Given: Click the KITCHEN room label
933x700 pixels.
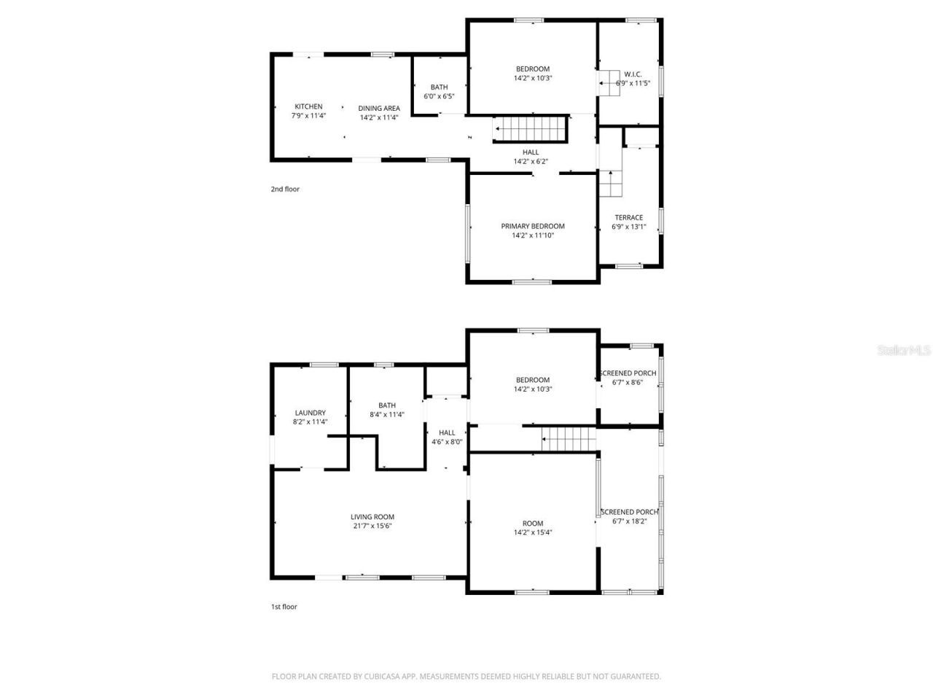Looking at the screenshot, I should point(308,106).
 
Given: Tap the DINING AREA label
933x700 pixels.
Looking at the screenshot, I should point(379,108).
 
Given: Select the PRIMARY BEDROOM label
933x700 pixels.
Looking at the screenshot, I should point(532,226).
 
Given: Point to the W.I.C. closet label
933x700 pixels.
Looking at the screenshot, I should point(633,74).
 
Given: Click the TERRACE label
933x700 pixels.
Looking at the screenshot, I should point(628,217).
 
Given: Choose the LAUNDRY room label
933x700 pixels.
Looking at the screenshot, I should point(310,413).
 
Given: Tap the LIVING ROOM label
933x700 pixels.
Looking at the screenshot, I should point(372,517).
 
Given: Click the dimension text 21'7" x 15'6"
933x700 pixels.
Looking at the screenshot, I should point(372,526).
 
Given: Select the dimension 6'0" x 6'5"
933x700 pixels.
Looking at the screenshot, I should point(439,96).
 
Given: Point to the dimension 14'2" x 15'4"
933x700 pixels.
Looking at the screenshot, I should point(532,532).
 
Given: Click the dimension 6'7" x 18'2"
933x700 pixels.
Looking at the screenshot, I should point(628,521).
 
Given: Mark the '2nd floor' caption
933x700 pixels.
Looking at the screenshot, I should point(285,189).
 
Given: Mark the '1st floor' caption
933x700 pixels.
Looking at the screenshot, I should point(284,607).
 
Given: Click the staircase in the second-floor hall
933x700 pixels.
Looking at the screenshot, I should point(531,130).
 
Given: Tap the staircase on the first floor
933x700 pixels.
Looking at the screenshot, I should point(569,439).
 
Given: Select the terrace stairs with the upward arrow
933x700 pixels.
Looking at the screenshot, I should point(611,183).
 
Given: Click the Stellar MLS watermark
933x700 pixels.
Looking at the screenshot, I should point(904,350).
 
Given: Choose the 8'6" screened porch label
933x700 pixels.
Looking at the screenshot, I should point(628,373).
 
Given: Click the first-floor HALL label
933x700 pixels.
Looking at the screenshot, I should point(447,432).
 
